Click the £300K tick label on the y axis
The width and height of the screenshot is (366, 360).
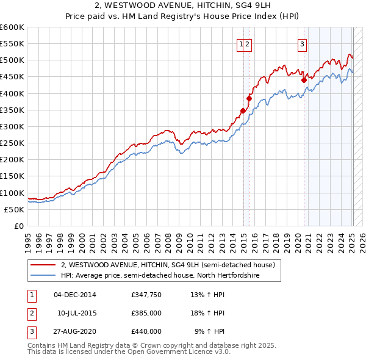(12, 126)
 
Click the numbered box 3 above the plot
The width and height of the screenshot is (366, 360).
(302, 43)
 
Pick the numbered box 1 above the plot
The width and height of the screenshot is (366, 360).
(242, 43)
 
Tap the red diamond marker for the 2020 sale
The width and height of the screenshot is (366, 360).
(304, 79)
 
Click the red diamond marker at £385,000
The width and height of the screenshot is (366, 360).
(249, 98)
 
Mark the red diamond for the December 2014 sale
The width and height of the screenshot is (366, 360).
(243, 110)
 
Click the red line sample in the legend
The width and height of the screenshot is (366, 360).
(43, 265)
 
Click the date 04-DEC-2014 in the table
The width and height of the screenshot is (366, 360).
(75, 295)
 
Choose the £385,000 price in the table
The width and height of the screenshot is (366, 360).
(146, 313)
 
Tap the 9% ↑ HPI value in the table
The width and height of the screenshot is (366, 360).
(209, 331)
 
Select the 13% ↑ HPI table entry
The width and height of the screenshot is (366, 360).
(207, 295)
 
